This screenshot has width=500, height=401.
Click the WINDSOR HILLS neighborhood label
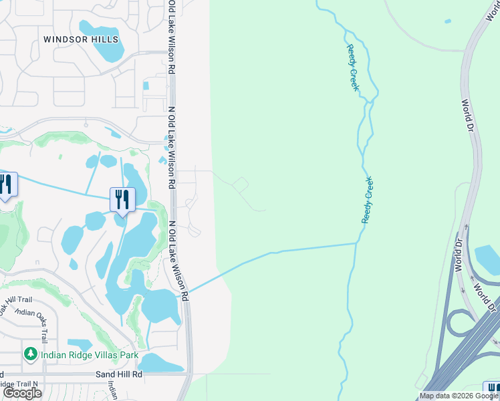click(81, 39)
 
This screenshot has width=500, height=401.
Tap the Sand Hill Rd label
click(120, 374)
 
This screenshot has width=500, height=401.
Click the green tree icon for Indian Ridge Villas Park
click(31, 354)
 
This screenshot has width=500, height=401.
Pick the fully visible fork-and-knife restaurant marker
click(122, 199)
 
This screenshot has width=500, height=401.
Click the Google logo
click(22, 393)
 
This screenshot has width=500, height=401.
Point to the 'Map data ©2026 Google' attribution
click(459, 396)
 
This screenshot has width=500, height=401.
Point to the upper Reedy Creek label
click(353, 67)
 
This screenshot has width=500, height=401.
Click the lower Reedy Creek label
click(368, 200)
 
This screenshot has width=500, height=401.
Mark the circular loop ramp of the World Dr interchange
click(459, 323)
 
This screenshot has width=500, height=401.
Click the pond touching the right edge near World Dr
click(488, 261)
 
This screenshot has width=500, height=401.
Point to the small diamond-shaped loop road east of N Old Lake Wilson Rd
click(241, 184)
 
